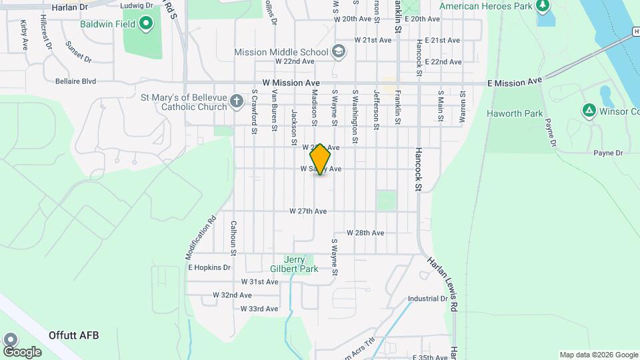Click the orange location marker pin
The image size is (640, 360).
click(320, 159)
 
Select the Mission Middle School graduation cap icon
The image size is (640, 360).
click(339, 52)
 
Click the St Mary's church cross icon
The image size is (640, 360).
click(236, 102)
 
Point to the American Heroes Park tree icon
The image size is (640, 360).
click(543, 7)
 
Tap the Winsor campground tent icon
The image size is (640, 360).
click(589, 110)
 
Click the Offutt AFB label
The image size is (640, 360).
click(73, 335)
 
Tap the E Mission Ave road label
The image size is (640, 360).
click(515, 82)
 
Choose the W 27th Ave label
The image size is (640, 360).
click(308, 211)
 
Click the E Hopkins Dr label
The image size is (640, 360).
click(209, 267)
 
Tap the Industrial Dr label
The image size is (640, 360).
click(427, 299)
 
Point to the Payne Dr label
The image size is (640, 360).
click(608, 153)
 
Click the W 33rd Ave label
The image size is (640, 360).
click(259, 309)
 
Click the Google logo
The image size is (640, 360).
click(22, 351)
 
